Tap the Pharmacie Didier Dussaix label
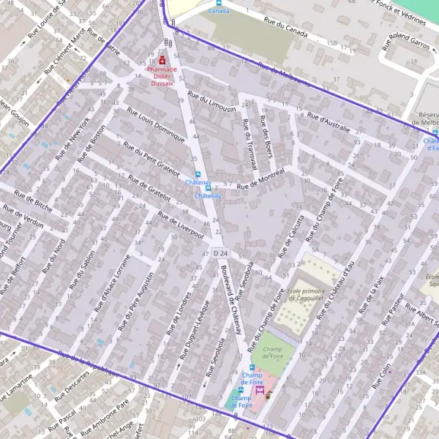point(162,76)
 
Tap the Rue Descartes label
point(70,383)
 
